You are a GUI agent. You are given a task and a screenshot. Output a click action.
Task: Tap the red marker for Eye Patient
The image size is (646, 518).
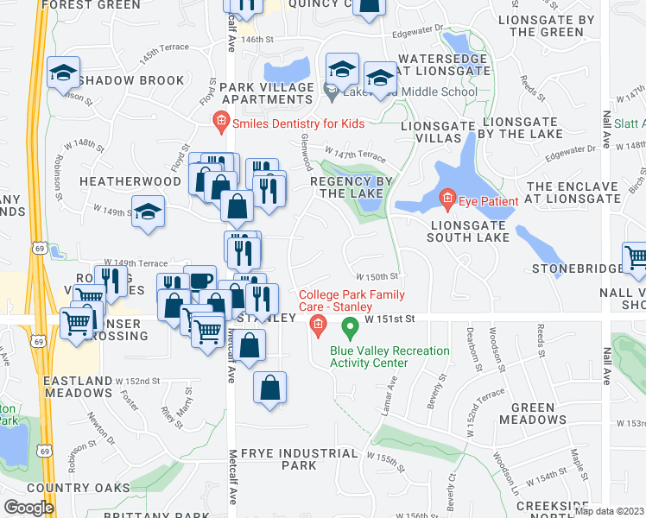coord(446,201)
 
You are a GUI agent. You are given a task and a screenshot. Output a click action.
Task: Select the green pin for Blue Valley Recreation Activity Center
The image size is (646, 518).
coord(350,328)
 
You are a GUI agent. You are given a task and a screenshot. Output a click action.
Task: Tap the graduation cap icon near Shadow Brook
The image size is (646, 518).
coord(63,73)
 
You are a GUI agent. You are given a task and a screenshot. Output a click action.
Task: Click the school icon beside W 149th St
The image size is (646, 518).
coord(148,212)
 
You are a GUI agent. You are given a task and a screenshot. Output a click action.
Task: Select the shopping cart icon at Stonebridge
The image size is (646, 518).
coord(636,256)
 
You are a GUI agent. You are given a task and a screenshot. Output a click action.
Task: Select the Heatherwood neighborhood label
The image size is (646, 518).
coord(130,181)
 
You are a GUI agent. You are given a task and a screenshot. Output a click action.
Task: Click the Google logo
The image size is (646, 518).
coord(28,508)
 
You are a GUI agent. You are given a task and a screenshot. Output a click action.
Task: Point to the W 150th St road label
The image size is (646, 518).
coord(379,277)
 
